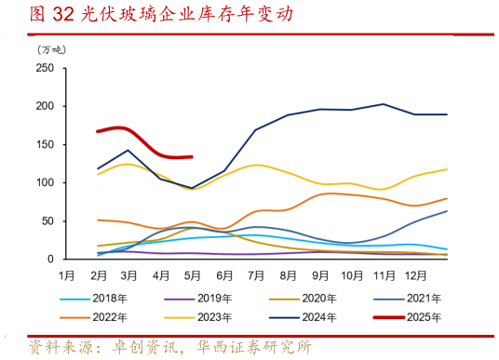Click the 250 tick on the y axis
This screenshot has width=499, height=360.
pyautogui.click(x=45, y=68)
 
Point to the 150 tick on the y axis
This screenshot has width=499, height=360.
pyautogui.click(x=45, y=144)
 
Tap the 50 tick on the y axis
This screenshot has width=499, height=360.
pyautogui.click(x=47, y=221)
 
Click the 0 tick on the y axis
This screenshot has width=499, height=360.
pyautogui.click(x=51, y=260)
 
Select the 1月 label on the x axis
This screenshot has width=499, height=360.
pyautogui.click(x=68, y=275)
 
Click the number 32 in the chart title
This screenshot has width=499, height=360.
pyautogui.click(x=63, y=14)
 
